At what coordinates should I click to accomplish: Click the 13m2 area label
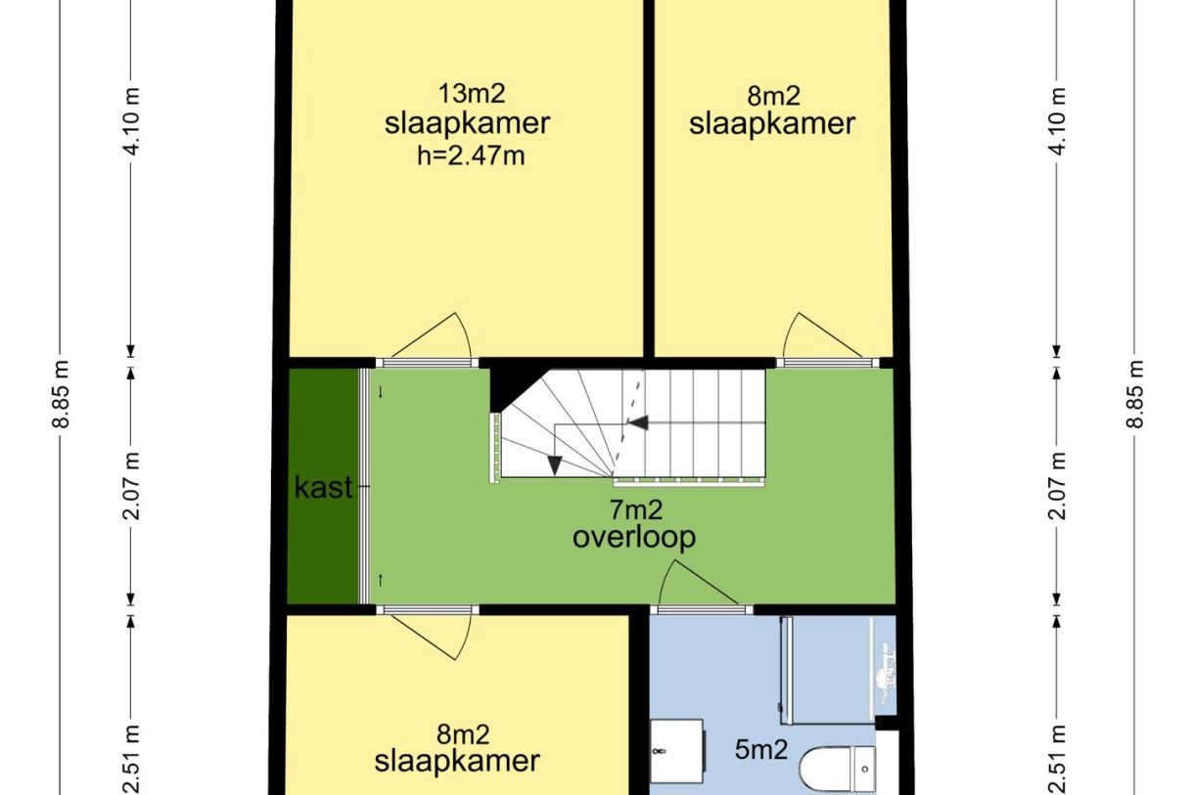tap(471, 94)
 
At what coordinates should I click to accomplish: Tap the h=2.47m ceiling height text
tap(471, 156)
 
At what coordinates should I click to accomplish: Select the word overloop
tap(634, 537)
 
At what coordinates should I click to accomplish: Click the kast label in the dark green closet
tap(324, 487)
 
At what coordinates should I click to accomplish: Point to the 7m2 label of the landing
tap(636, 509)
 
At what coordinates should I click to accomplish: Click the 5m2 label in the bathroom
tap(761, 750)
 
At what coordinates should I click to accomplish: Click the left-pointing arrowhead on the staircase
tap(640, 422)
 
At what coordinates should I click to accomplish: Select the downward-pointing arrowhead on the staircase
tap(555, 464)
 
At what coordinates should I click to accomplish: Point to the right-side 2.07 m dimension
tap(1058, 486)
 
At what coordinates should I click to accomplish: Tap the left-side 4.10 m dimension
tap(132, 121)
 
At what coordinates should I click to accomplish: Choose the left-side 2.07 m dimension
tap(132, 486)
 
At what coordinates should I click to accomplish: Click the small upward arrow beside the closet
tap(380, 580)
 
